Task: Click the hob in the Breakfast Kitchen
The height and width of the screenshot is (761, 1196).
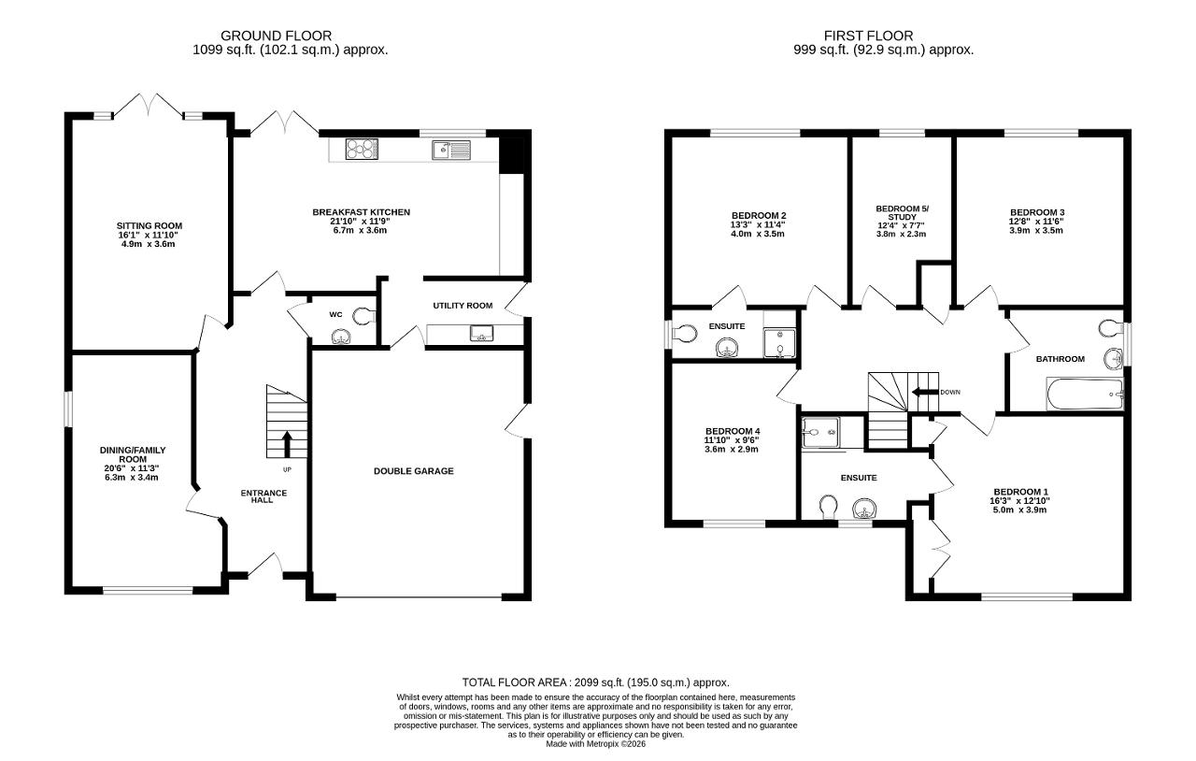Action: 362,149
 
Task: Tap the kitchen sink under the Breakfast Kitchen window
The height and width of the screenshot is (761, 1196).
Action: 451,151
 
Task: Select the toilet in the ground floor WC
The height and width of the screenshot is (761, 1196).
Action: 364,315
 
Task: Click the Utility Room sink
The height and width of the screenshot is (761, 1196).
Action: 481,334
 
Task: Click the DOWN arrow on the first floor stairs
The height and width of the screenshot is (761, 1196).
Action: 925,393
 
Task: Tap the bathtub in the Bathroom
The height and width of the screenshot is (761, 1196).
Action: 1086,395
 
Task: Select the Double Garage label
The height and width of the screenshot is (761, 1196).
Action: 414,471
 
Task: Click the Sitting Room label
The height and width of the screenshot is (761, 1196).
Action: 149,225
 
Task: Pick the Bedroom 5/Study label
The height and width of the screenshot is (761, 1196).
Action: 903,213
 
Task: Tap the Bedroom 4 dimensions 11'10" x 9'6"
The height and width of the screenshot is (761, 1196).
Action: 732,440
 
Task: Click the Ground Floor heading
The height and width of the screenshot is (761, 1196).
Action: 276,36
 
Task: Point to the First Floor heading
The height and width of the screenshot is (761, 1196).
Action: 869,36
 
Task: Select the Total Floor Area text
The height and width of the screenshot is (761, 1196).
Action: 596,682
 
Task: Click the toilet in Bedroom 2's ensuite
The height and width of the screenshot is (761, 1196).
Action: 684,334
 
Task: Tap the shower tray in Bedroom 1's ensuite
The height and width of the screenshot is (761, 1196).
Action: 820,432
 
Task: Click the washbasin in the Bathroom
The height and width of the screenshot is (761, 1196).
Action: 1113,358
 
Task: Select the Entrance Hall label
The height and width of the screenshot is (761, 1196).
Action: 263,496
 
